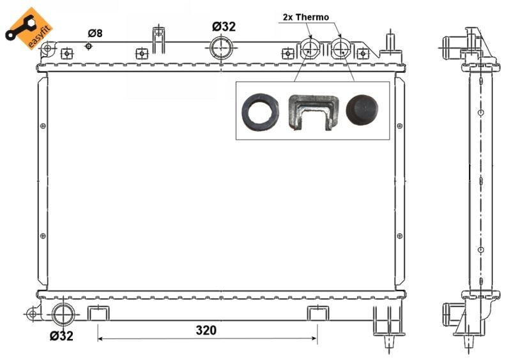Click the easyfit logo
click(x=29, y=29)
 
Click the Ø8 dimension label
click(x=95, y=33)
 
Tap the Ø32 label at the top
click(x=224, y=26)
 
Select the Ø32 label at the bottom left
click(x=61, y=336)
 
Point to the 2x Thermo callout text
click(x=306, y=17)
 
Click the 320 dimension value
click(x=206, y=331)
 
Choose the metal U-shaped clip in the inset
click(x=312, y=112)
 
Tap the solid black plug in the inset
click(x=362, y=110)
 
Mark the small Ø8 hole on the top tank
click(x=89, y=47)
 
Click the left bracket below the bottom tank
click(x=98, y=313)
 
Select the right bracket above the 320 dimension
click(x=317, y=313)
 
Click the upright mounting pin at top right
click(x=388, y=42)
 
